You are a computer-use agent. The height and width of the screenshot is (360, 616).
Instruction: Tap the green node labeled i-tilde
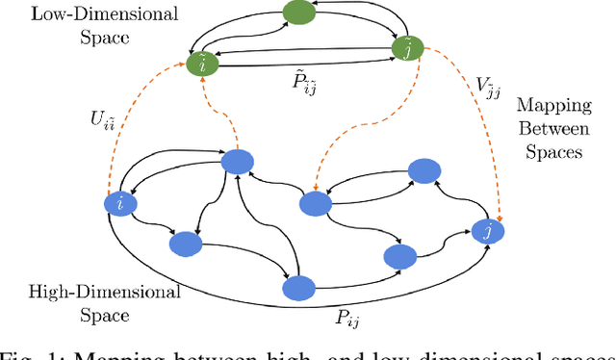[x=203, y=64]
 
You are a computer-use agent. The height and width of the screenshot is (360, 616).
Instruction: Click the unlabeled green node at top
[x=299, y=13]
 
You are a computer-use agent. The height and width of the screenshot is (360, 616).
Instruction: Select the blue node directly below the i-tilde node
[x=238, y=163]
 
